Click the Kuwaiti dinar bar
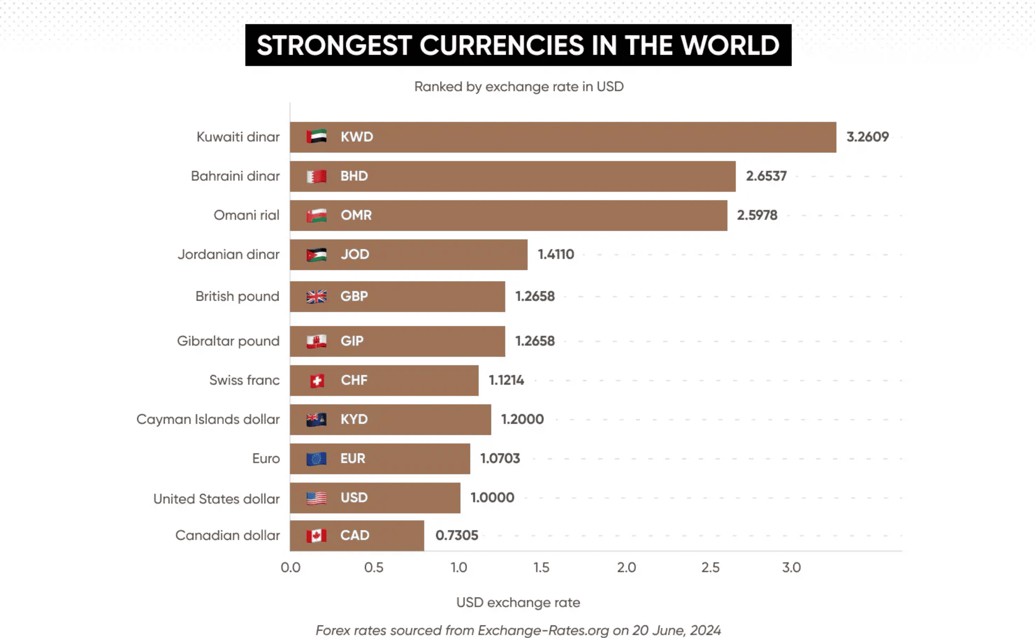pos(562,137)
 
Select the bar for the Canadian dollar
pos(357,535)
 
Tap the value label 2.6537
pos(766,176)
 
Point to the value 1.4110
pos(555,255)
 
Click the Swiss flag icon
pos(317,381)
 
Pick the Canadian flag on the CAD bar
pos(316,536)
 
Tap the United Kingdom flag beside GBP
pos(316,297)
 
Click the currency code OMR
pos(356,215)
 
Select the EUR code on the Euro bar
pos(353,459)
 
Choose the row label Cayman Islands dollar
pos(208,420)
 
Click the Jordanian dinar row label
pos(228,255)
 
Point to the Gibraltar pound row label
pos(228,341)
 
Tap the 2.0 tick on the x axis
pos(626,568)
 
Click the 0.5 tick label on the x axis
pos(374,568)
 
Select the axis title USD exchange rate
pos(518,602)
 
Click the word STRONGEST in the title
pos(334,45)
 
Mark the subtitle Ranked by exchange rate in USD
pos(519,87)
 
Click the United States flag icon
pos(316,498)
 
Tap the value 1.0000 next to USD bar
pos(492,498)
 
